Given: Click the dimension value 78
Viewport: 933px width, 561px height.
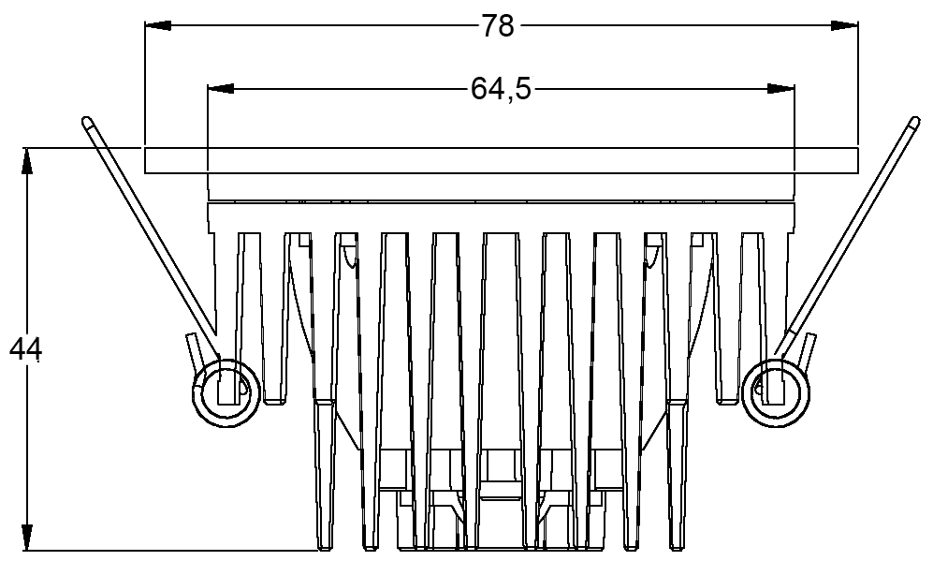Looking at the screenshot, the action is tap(498, 26).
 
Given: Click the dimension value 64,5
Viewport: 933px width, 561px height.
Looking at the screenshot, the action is tap(501, 89).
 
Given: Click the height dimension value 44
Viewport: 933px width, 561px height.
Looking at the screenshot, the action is tap(25, 349).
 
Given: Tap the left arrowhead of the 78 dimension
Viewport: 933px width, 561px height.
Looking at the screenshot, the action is tap(158, 25).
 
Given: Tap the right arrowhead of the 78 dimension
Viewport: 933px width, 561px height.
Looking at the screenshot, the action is tap(844, 25).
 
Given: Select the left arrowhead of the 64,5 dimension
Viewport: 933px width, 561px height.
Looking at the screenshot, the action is tap(221, 89).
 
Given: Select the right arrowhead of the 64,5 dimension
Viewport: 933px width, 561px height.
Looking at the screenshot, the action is tap(780, 89).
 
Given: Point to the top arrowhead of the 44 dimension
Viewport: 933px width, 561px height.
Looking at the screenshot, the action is tap(27, 161).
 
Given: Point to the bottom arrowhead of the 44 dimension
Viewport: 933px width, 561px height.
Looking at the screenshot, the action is tap(27, 537).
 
